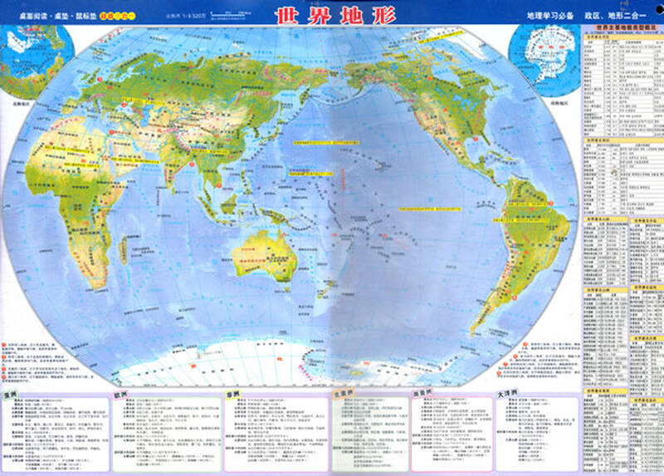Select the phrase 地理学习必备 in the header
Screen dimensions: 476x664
pyautogui.click(x=550, y=15)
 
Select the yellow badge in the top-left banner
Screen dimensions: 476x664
pyautogui.click(x=115, y=14)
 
